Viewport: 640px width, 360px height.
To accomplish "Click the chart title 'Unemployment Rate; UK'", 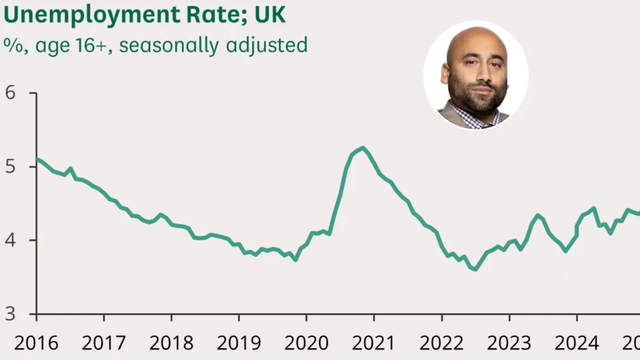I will pos(144,14).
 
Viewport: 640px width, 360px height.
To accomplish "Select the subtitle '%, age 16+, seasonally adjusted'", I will pos(155,45).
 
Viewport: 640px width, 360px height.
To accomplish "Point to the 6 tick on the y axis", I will pos(10,93).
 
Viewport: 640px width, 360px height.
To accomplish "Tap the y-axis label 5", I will pos(10,167).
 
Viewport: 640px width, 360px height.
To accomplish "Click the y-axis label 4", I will pos(10,240).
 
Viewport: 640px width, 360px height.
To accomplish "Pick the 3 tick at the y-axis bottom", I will pos(10,314).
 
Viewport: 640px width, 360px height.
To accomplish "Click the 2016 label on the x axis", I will pos(36,343).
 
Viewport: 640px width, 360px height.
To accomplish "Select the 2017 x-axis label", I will pos(103,343).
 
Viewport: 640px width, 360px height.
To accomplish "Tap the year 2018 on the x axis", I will pos(171,343).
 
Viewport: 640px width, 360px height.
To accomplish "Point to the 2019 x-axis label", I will pos(238,343).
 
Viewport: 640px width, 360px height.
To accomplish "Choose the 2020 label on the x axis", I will pos(306,343).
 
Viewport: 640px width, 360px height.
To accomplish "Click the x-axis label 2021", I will pos(374,343).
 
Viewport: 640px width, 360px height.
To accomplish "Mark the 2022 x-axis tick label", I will pos(441,343).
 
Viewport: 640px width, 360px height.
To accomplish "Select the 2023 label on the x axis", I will pos(509,343).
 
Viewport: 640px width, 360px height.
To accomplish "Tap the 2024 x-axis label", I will pos(577,343).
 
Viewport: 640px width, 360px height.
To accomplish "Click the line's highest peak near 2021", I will pos(362,148).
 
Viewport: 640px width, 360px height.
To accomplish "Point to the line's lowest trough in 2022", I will pos(475,269).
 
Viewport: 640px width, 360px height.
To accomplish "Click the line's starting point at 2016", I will pos(37,159).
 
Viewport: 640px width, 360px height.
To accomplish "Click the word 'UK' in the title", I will pos(270,14).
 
